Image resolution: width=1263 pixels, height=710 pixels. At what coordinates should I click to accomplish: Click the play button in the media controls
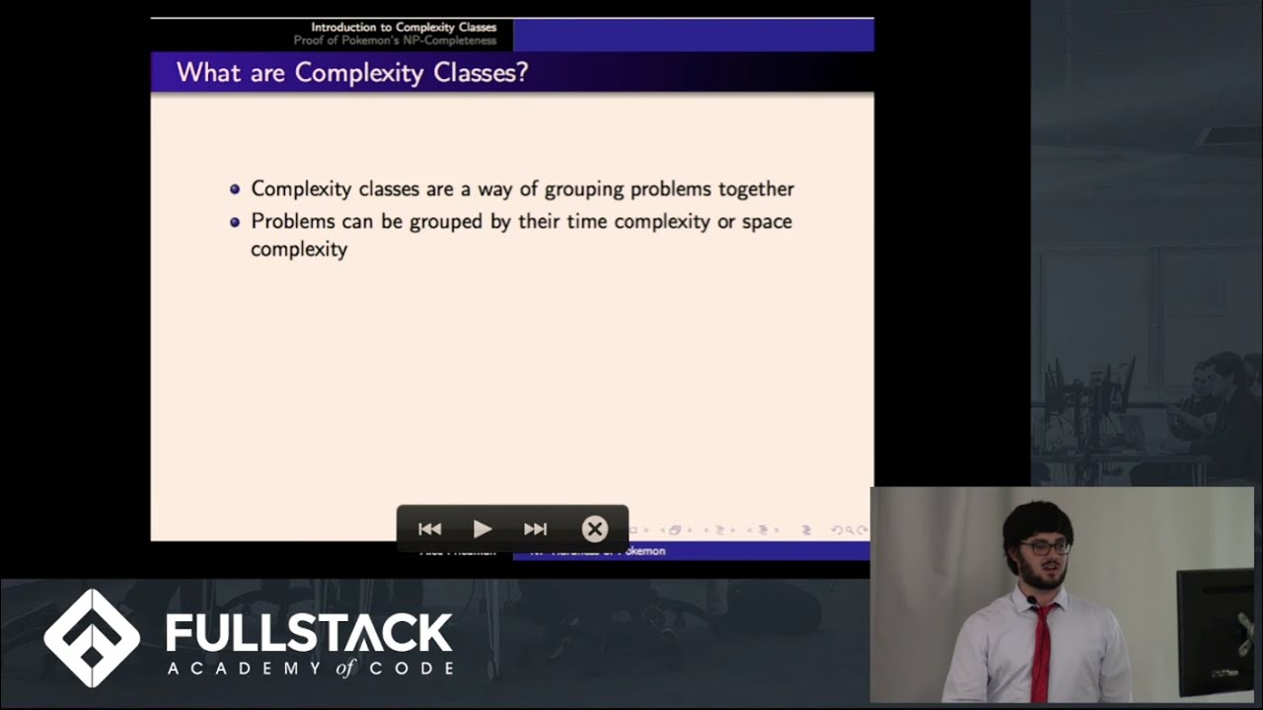tap(483, 530)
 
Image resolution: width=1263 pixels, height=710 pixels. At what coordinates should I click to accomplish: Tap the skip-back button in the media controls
tap(429, 530)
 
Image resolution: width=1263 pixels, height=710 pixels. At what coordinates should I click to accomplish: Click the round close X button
tap(594, 530)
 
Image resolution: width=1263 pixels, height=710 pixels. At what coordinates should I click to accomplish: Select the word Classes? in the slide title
tap(483, 72)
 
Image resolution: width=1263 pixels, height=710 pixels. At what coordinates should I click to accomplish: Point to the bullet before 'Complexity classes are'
tap(235, 189)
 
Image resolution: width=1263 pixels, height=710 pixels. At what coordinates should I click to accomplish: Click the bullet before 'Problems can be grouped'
tap(235, 222)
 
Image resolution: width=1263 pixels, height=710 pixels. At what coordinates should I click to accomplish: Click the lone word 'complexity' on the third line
tap(299, 249)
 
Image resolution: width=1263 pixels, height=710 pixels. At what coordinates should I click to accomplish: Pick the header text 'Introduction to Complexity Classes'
tap(404, 28)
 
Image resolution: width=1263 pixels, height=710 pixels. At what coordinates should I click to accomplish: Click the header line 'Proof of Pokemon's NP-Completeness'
tap(395, 40)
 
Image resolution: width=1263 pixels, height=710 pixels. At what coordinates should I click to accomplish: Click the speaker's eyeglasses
tap(1045, 546)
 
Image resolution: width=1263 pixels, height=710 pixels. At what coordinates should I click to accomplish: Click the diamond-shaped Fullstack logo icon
tap(92, 638)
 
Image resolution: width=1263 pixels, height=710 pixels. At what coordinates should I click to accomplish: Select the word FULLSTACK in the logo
tap(309, 633)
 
